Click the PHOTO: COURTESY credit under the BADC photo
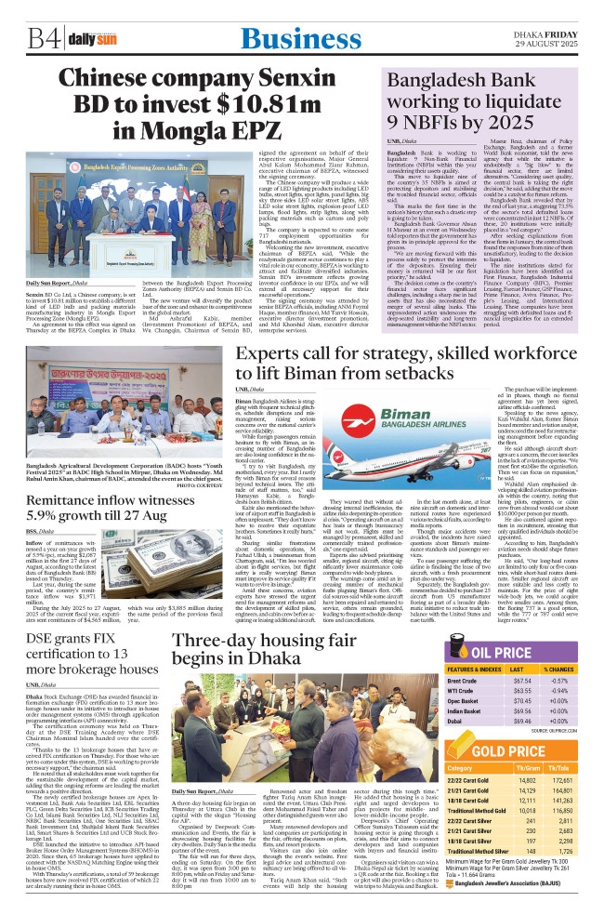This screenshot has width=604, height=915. pos(198,484)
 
